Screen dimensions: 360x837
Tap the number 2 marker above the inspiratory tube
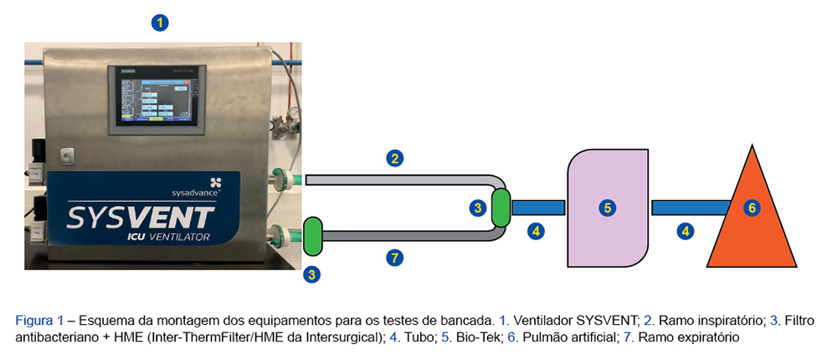coord(393,157)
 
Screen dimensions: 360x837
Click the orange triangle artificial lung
coord(751,226)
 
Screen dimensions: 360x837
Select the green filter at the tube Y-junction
coord(501,207)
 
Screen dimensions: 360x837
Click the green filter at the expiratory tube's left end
coord(313,236)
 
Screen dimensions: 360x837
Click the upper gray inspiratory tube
coord(393,179)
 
